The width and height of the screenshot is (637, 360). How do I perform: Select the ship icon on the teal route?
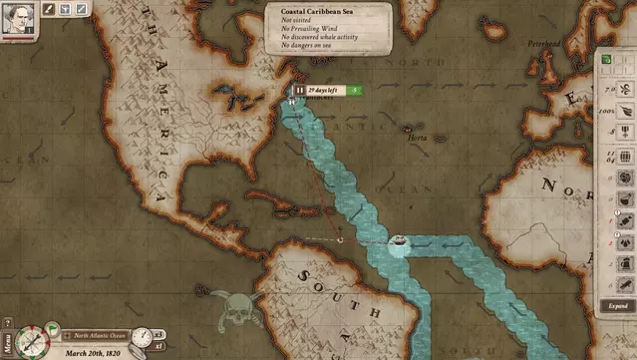coord(397,242)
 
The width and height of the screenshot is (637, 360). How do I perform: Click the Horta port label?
coord(417,139)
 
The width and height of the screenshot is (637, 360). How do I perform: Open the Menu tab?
coord(7,343)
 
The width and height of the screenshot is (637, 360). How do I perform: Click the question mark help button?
coord(8,322)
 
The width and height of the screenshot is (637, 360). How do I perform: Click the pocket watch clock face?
coord(141,336)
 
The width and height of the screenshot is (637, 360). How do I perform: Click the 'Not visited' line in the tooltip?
coord(299,20)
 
